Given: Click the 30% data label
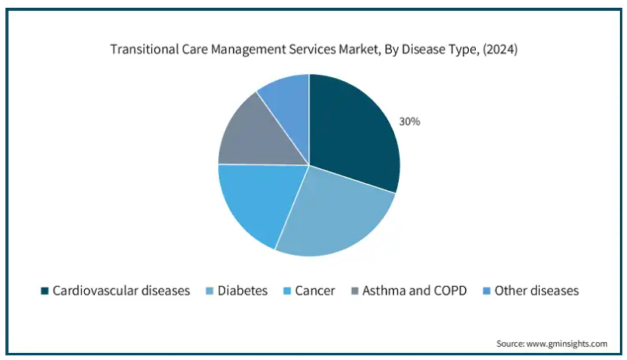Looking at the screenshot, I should [x=410, y=122].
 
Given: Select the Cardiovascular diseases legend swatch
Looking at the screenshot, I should [x=45, y=291].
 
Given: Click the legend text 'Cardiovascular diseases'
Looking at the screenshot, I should [x=121, y=291].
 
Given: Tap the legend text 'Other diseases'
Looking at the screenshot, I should [x=537, y=291].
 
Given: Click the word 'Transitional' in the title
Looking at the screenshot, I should [x=141, y=49].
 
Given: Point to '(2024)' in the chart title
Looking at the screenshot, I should [x=498, y=49].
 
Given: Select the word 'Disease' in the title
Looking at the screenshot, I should [x=420, y=49].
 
